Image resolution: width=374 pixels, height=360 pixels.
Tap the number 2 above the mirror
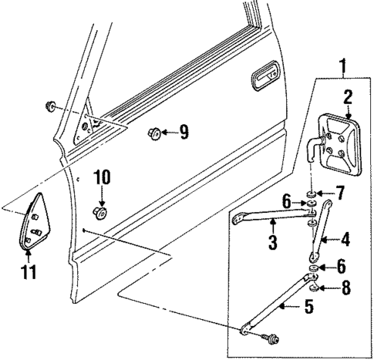click(348, 97)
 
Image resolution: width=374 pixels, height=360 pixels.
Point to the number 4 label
click(345, 241)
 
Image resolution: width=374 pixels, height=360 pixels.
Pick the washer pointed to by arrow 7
click(312, 191)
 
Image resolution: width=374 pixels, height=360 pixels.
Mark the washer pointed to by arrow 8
click(313, 290)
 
